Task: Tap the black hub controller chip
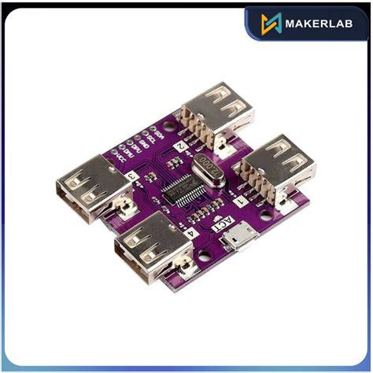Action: pos(187,194)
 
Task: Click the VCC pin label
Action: pos(120,159)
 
